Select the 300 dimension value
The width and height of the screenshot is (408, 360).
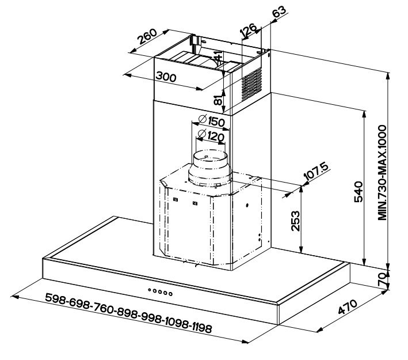[165, 77]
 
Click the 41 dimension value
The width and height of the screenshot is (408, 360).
[218, 58]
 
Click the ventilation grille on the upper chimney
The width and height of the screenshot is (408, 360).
[251, 86]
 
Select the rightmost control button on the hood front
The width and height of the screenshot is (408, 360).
[170, 293]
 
